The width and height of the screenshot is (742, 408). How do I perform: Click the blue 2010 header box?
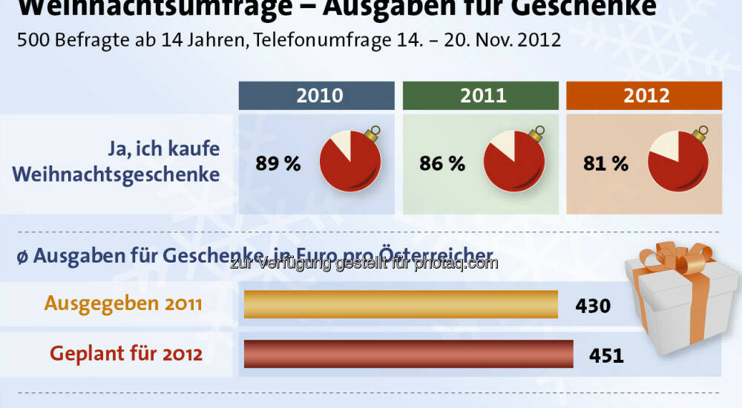(x=316, y=96)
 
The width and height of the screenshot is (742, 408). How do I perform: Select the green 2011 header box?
(x=480, y=96)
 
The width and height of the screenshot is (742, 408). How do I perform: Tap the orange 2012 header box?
(x=644, y=96)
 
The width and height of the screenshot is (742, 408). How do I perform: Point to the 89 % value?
(x=278, y=164)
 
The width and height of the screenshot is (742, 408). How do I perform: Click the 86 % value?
(x=442, y=164)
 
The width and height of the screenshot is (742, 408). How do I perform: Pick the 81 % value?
(x=606, y=164)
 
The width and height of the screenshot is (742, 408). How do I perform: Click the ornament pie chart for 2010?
(x=350, y=163)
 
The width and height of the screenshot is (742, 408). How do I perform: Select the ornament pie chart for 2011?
(x=514, y=163)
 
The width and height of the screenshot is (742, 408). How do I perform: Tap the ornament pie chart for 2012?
(x=678, y=163)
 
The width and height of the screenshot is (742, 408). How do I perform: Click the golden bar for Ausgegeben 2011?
(x=401, y=304)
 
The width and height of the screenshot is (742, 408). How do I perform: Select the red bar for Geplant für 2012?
(x=408, y=354)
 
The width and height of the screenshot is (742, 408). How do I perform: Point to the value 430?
(x=593, y=306)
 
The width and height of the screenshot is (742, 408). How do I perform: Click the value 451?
(x=606, y=355)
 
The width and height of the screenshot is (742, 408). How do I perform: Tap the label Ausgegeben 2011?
(x=122, y=304)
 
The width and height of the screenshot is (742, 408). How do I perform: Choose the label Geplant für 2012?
(x=126, y=354)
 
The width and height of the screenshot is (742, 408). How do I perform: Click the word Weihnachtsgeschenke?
(x=116, y=175)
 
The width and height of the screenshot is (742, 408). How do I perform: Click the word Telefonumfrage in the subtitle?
(x=312, y=40)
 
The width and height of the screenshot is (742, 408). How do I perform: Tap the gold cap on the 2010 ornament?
(x=371, y=134)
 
